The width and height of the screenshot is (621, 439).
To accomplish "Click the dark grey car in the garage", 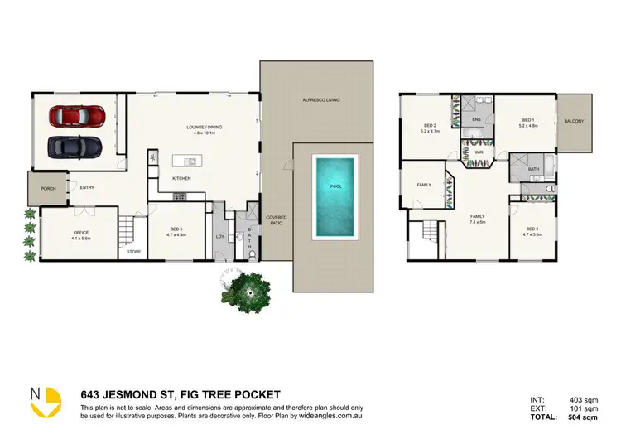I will click(x=75, y=146).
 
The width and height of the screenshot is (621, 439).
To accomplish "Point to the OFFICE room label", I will click(x=80, y=233).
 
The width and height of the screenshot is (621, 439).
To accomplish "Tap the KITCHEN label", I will click(x=182, y=179).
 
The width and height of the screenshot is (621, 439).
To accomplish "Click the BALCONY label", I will click(x=574, y=122).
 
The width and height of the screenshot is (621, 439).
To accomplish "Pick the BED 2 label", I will click(x=430, y=126).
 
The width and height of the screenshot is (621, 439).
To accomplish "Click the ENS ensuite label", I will click(x=476, y=120).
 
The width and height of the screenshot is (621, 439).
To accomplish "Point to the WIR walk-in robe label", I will click(x=479, y=152).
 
